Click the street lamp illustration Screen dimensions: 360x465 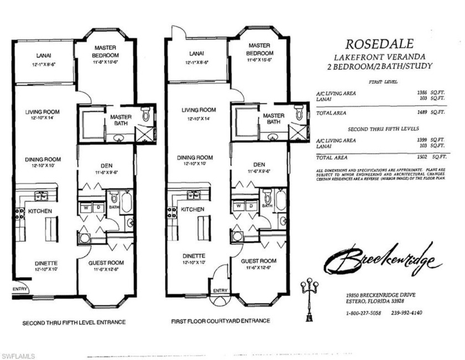309,296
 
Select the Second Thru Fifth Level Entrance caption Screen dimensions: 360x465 74,322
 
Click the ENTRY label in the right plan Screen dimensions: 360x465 220,291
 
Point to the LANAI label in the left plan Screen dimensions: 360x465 42,55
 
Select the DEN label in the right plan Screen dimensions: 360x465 259,165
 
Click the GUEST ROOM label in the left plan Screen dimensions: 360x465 106,263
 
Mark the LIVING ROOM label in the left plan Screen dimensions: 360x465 42,112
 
